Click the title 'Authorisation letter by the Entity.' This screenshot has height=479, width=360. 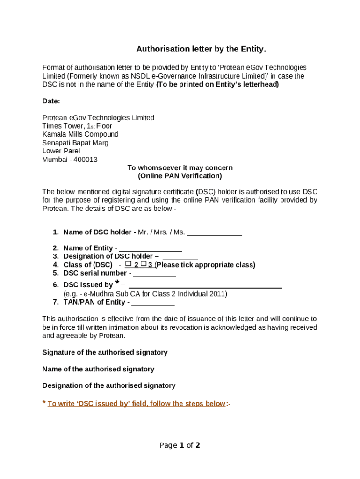point(201,49)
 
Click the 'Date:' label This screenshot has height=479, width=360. point(51,101)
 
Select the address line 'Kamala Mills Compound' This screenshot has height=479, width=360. point(80,134)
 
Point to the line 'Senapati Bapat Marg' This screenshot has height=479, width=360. point(75,143)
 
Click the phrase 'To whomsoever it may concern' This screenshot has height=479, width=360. point(180,168)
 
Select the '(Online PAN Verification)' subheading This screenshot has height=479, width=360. point(180,176)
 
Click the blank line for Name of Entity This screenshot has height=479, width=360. point(151,248)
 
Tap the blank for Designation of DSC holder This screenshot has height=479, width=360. point(180,257)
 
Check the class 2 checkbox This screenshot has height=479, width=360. point(128,264)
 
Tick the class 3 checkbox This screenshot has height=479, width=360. point(144,264)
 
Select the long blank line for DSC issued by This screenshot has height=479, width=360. point(205,285)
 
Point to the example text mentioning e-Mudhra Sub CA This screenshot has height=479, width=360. point(145,294)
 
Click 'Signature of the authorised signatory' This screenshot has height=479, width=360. point(105,352)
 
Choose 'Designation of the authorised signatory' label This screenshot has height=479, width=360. point(109,385)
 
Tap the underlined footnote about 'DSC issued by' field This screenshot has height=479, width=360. point(136,404)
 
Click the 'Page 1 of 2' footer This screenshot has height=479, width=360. point(180,445)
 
